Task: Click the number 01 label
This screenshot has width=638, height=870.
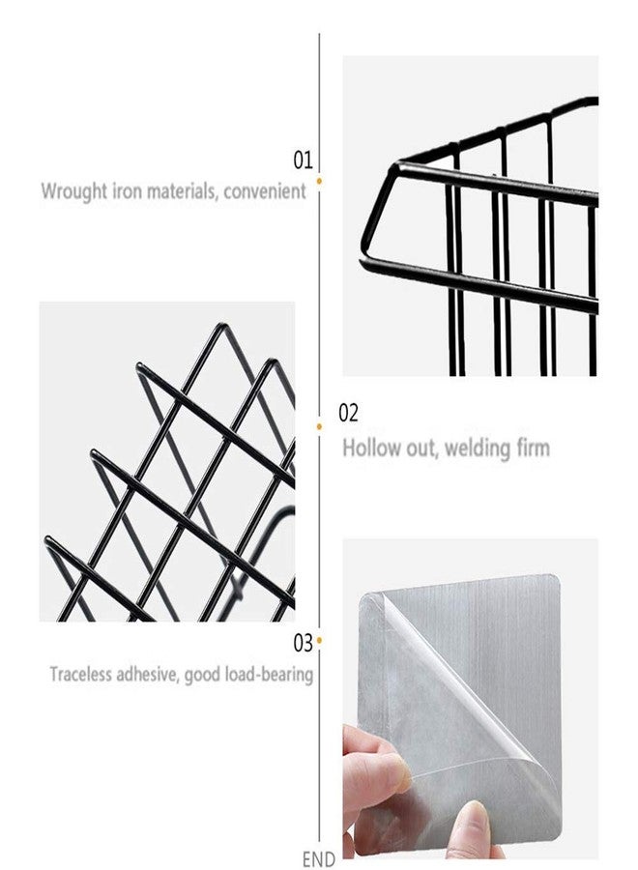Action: [x=303, y=159]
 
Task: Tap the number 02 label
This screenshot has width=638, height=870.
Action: [x=348, y=414]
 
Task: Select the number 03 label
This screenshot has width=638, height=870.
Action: [x=304, y=644]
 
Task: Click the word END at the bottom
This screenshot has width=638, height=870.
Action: [x=318, y=859]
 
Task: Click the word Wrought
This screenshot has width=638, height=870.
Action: [x=74, y=192]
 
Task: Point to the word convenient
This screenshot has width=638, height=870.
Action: [x=265, y=191]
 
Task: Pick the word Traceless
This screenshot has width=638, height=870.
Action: [x=80, y=674]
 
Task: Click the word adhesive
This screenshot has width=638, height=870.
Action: [x=147, y=674]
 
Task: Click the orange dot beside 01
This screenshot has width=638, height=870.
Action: [x=320, y=181]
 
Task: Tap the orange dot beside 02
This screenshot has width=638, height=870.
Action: [x=319, y=426]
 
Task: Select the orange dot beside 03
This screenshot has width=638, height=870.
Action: [x=320, y=640]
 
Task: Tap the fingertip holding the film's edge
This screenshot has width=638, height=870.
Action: [x=395, y=771]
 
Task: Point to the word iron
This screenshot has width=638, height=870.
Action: [x=128, y=192]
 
